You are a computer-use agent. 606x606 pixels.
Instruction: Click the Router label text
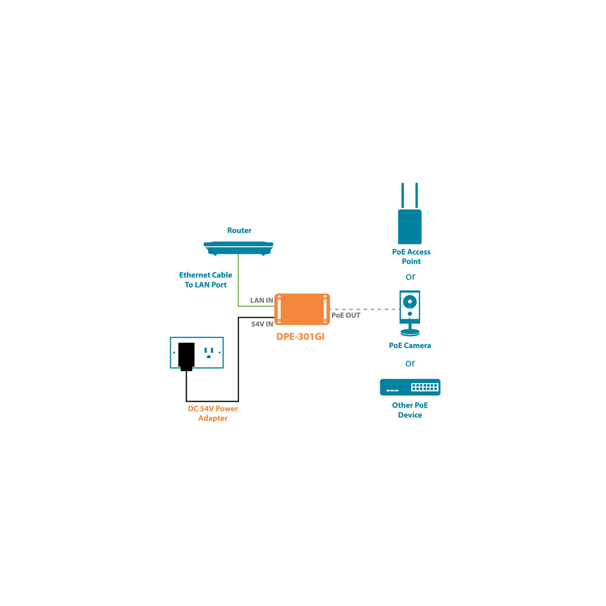[x=239, y=230]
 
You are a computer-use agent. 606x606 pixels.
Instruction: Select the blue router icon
[x=238, y=248]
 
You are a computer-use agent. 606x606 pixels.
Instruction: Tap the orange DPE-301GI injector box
[x=302, y=310]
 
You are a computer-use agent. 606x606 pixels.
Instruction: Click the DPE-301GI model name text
[x=300, y=336]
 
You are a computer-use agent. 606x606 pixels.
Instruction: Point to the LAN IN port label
[x=262, y=300]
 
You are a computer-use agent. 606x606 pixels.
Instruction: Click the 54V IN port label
[x=263, y=324]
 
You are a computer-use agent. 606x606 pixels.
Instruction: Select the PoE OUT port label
[x=346, y=315]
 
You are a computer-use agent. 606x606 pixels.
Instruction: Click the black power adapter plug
[x=187, y=356]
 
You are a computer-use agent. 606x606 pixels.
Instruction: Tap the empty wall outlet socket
[x=209, y=352]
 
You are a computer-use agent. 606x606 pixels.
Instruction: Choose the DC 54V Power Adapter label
[x=213, y=413]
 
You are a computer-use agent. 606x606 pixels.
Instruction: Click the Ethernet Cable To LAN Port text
[x=205, y=279]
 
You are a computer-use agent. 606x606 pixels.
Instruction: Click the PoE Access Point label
[x=411, y=257]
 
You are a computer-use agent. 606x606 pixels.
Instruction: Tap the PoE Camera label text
[x=410, y=345]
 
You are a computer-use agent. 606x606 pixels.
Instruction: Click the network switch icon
[x=410, y=387]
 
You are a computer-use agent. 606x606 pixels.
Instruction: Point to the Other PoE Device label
[x=410, y=410]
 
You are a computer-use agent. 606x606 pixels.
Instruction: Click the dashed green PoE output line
[x=364, y=309]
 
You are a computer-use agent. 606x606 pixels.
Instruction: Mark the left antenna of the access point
[x=403, y=195]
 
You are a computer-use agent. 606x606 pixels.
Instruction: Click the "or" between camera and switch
[x=410, y=364]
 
